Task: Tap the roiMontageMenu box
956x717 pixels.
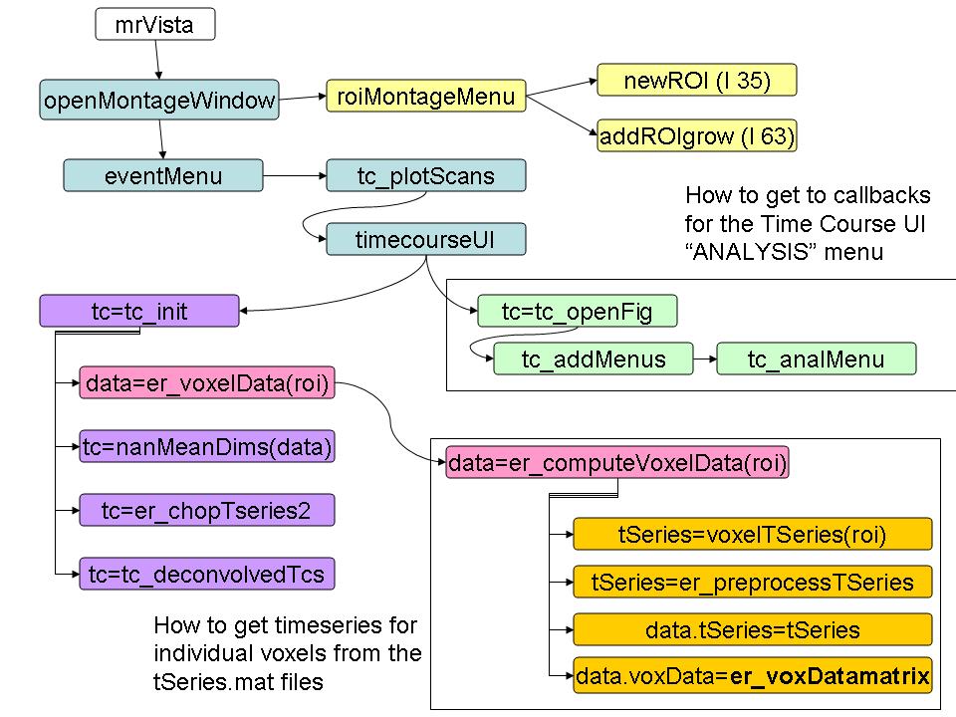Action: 426,97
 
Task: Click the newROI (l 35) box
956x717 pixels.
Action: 697,81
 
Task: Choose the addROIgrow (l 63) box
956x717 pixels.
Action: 697,135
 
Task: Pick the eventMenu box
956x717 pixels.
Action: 163,176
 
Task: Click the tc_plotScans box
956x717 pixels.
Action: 425,176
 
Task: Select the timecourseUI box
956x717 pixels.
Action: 425,239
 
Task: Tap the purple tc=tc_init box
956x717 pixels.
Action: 139,311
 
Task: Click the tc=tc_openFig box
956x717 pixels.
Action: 577,312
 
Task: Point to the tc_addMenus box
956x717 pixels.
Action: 594,358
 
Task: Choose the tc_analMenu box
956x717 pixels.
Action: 816,358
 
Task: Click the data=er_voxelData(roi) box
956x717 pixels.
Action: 207,382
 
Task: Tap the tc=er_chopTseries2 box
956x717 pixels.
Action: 207,510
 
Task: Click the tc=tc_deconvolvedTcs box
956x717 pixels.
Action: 207,574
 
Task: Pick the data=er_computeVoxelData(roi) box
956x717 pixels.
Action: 617,463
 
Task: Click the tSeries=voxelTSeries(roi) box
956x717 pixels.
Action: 752,534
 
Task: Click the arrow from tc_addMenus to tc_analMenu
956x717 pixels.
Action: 704,358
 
